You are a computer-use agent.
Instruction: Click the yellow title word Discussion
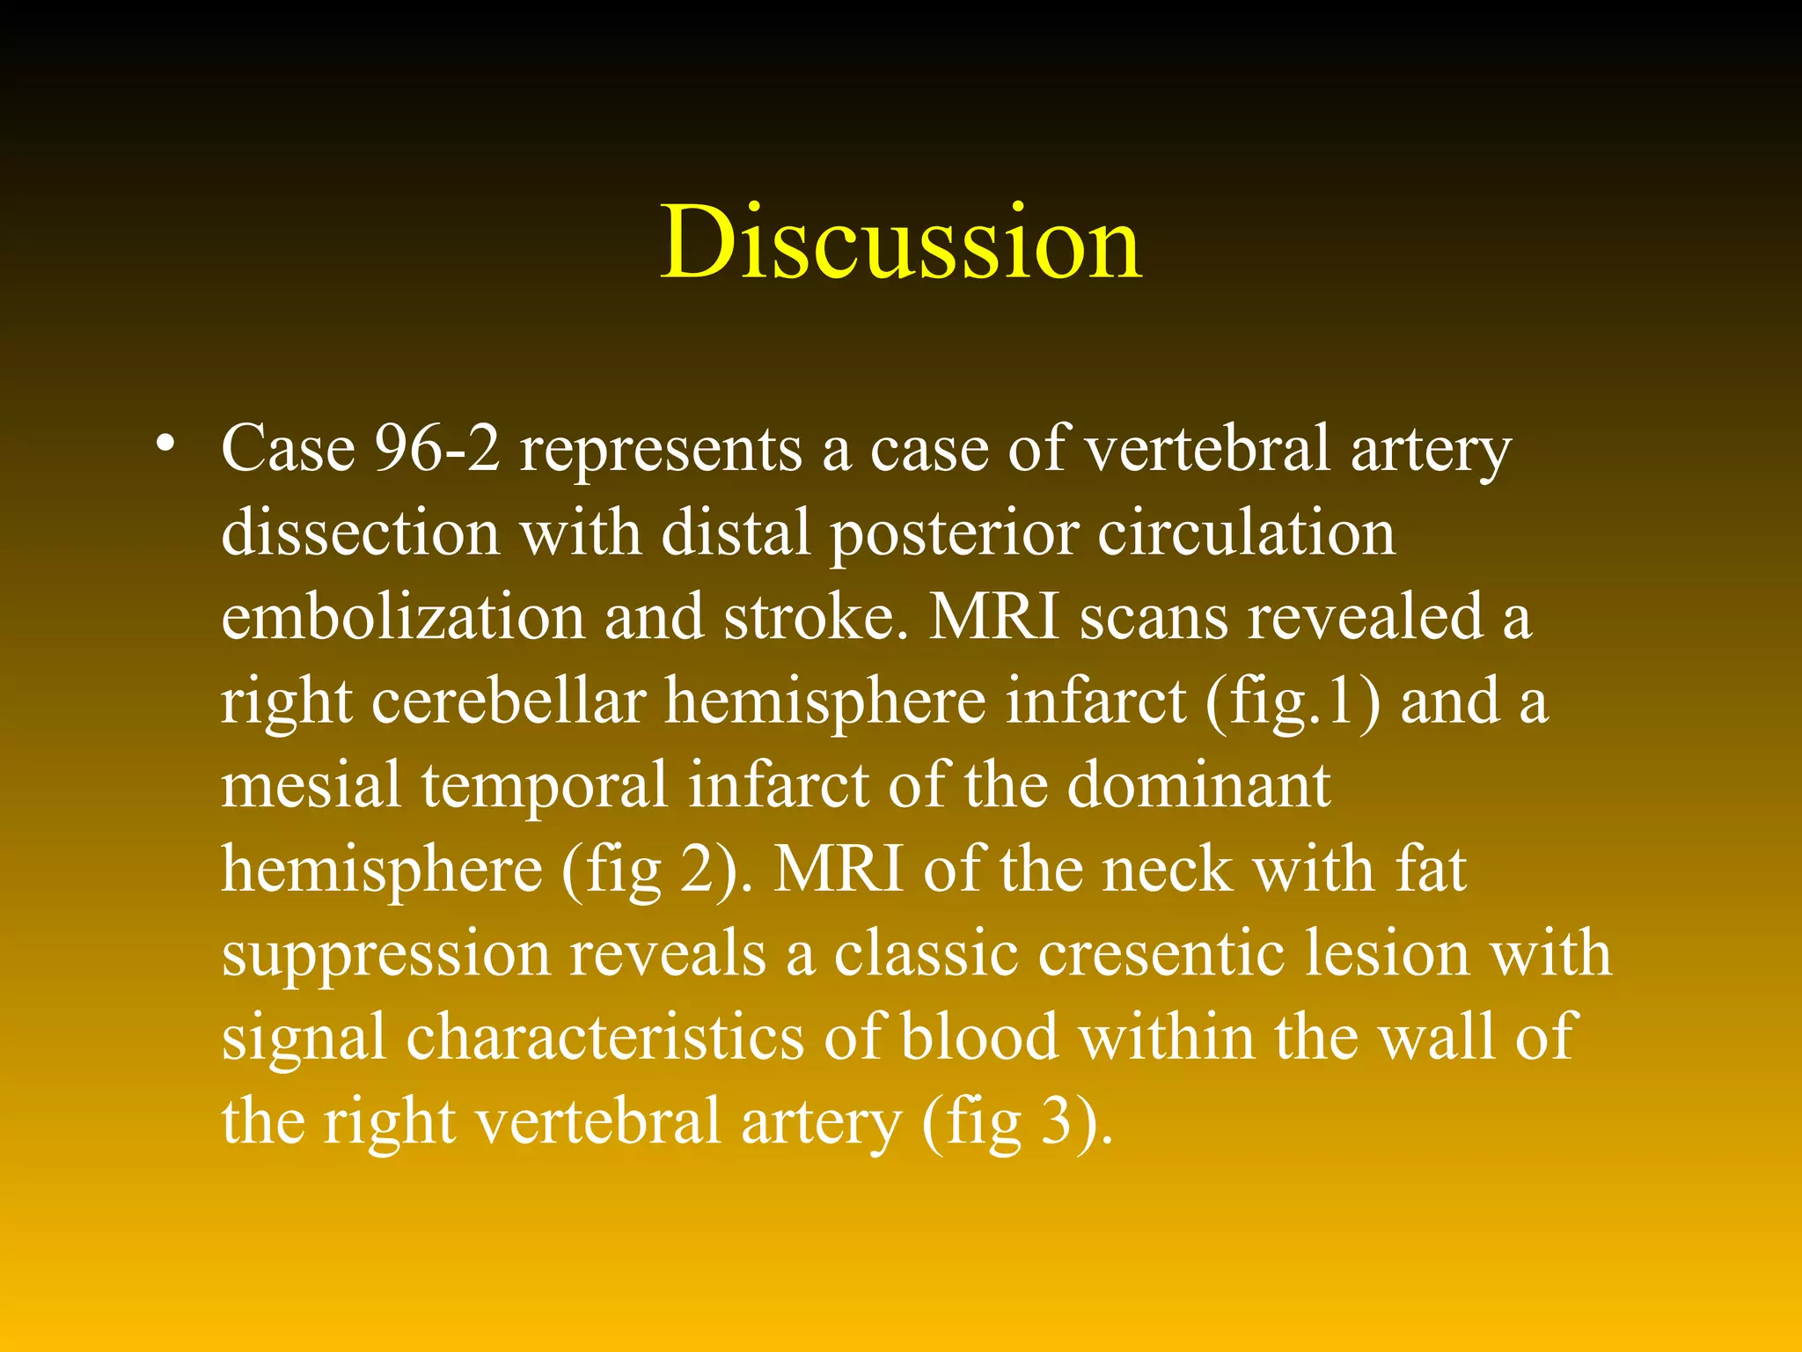(x=901, y=243)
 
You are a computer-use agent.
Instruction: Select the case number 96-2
(x=437, y=449)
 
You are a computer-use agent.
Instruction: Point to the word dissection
(x=361, y=533)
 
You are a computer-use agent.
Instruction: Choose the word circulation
(x=1246, y=533)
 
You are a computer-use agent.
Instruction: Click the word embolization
(x=402, y=617)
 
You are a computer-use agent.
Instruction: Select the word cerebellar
(x=509, y=702)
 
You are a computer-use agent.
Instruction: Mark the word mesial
(x=311, y=785)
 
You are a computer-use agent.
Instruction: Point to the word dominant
(x=1198, y=785)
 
